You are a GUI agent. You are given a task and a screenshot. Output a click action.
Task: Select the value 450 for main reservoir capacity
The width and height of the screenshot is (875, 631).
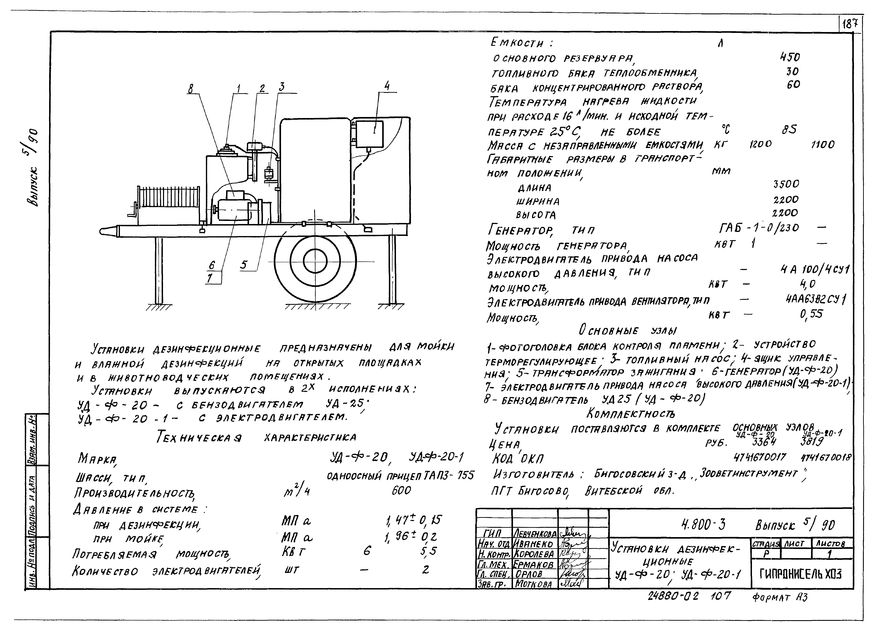point(790,58)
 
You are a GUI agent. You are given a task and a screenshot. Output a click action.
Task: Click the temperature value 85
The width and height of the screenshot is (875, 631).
point(789,130)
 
